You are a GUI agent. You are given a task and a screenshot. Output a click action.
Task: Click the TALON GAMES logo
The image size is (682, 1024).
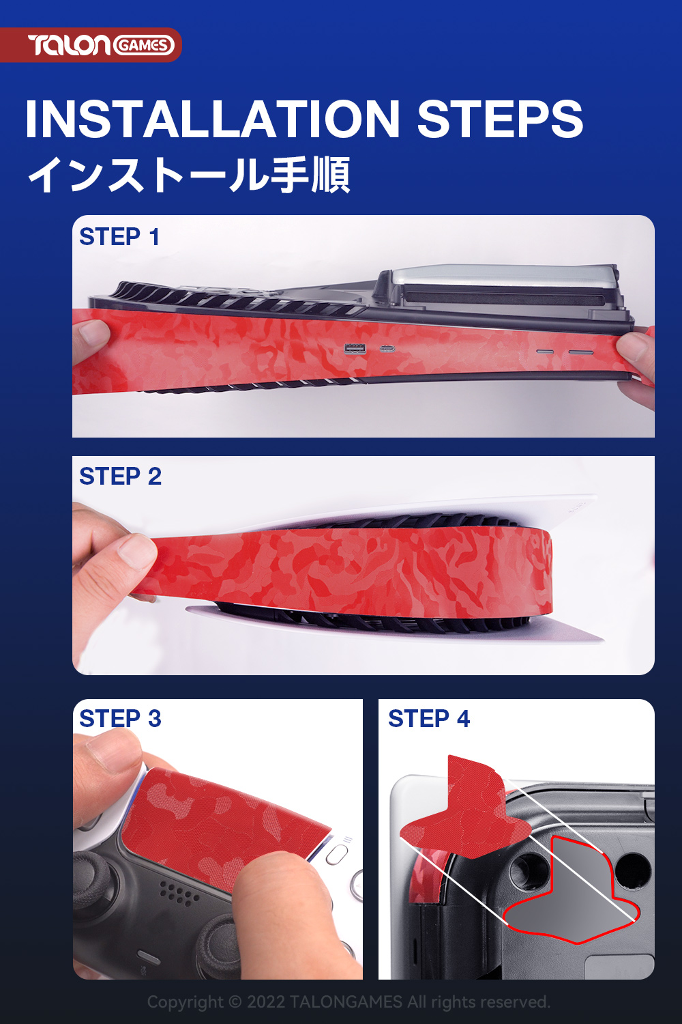point(101,45)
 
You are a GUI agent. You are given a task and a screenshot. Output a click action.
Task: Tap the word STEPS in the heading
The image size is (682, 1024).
point(500,118)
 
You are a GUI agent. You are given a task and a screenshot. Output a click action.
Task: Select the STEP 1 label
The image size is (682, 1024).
point(119,236)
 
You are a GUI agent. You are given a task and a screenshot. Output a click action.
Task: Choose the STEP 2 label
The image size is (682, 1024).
point(120,476)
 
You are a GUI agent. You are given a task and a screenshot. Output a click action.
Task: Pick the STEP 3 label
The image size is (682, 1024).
point(120,718)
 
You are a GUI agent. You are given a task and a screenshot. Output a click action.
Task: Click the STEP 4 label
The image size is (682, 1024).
point(429,718)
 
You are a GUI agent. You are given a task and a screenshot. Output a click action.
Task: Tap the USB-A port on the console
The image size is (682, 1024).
point(355,349)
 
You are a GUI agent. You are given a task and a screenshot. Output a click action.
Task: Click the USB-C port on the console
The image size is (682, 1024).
point(387,350)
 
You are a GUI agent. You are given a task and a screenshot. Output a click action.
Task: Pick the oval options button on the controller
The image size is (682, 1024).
point(337,854)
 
